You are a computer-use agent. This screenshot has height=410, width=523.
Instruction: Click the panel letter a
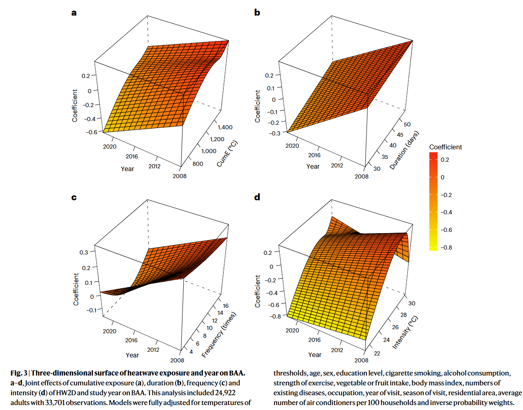coord(74,13)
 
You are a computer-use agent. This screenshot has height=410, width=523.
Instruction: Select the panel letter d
coord(257,197)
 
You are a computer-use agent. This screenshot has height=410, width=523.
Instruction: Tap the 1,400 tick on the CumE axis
coord(225,127)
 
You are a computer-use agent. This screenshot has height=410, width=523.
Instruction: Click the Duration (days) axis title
coord(404,150)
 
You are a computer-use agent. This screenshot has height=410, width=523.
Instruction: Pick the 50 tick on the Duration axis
coord(407,124)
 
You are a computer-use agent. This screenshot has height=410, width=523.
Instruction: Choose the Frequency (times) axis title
coord(219,335)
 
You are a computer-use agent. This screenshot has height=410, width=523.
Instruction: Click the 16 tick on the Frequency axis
coord(226,306)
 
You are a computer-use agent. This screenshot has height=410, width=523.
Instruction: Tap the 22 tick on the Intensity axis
coord(377,353)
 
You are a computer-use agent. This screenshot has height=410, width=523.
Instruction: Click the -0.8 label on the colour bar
coord(446,247)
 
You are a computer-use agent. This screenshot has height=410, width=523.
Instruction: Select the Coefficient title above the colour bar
coord(445,147)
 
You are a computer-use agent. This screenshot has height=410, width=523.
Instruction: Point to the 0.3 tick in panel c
coord(84,252)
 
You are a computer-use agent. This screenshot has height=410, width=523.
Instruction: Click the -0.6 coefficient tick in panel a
coord(92,132)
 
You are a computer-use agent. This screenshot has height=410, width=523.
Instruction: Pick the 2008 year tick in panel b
coord(362,176)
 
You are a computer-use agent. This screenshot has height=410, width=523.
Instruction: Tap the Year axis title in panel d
coord(315,355)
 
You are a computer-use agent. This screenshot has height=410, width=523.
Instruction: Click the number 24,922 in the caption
coord(225,393)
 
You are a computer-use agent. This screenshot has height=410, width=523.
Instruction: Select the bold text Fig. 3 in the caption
coord(19,373)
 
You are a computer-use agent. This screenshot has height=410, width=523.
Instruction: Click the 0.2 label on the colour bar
coord(445,160)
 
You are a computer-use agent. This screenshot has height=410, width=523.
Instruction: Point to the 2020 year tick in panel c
coord(109,331)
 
